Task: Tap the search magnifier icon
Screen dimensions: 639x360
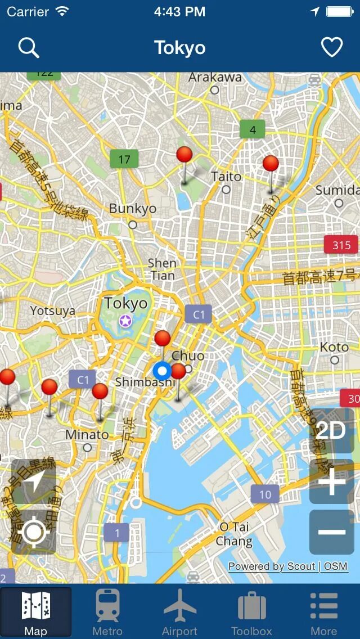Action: [28, 48]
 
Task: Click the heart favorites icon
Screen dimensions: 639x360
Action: [331, 48]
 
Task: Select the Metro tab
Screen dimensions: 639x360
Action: [107, 612]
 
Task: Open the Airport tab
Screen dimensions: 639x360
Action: [179, 612]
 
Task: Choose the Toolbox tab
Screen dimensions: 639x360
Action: [251, 612]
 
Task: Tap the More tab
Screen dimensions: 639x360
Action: [324, 612]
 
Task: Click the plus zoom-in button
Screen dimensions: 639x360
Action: [332, 481]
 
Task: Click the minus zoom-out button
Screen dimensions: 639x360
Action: [332, 532]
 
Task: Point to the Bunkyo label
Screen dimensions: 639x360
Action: [133, 209]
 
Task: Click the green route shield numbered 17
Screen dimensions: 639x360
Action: [124, 159]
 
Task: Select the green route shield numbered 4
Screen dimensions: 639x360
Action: [253, 130]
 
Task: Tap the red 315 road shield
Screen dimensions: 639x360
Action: [341, 245]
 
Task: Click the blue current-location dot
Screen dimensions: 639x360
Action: [162, 371]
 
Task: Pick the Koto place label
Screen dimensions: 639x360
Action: [334, 348]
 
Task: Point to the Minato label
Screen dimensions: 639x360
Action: [87, 435]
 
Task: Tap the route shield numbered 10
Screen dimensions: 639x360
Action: [265, 495]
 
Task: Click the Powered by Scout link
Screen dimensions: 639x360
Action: [271, 566]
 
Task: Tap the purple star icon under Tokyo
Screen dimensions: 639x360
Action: [125, 321]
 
